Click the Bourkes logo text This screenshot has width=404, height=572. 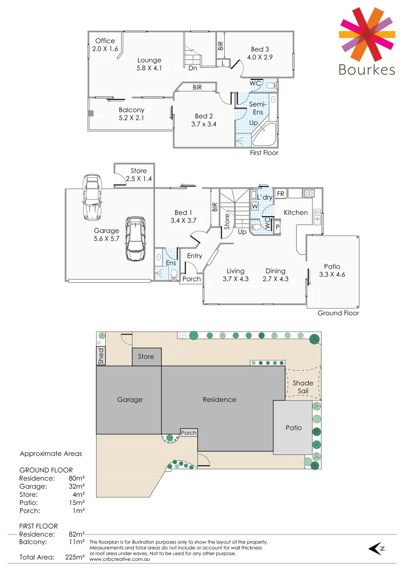click(x=366, y=69)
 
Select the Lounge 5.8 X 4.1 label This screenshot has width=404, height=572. click(x=149, y=64)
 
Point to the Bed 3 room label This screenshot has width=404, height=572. click(x=261, y=53)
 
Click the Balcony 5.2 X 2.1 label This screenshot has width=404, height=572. click(x=132, y=114)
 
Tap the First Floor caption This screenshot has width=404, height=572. click(x=264, y=153)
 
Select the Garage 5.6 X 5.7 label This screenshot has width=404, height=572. click(x=107, y=235)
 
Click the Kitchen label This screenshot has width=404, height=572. click(x=296, y=212)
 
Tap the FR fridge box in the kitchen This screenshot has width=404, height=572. click(x=280, y=194)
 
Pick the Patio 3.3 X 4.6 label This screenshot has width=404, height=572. click(x=332, y=270)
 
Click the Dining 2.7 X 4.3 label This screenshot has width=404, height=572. click(x=276, y=275)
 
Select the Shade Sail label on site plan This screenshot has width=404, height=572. click(x=302, y=387)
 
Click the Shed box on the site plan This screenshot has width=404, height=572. click(x=100, y=355)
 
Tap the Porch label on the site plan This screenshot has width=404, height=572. click(x=189, y=433)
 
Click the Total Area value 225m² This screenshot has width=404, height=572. click(x=75, y=557)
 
